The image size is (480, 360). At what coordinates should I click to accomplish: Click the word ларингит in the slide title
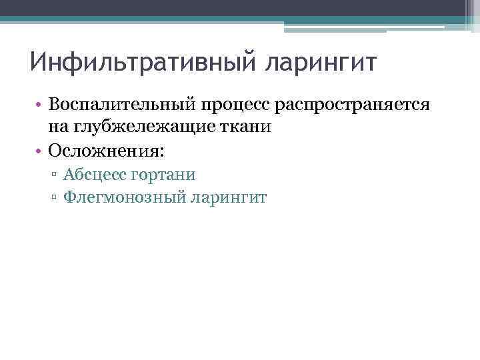(322, 65)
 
